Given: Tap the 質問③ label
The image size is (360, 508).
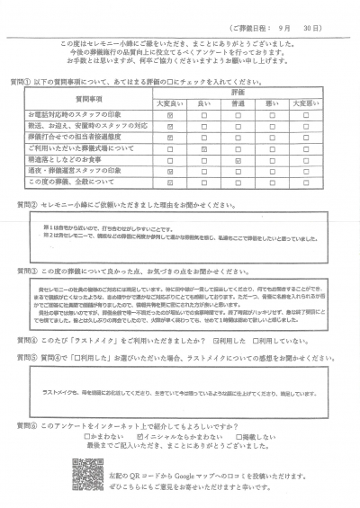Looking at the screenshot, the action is (25, 270).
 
